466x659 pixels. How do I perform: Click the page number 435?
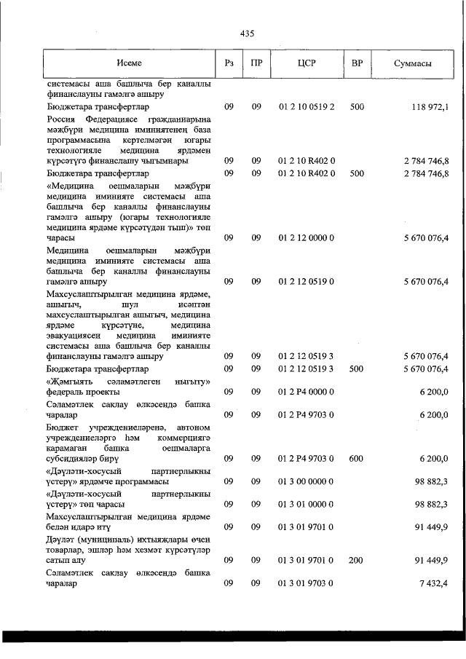pyautogui.click(x=246, y=33)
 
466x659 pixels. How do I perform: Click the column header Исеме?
pyautogui.click(x=128, y=64)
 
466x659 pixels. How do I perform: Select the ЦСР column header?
pyautogui.click(x=306, y=64)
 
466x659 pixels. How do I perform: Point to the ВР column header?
pyautogui.click(x=357, y=64)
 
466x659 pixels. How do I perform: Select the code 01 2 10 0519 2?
pyautogui.click(x=306, y=107)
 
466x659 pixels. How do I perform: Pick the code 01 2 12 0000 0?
pyautogui.click(x=306, y=237)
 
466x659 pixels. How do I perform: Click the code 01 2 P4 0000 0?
pyautogui.click(x=306, y=391)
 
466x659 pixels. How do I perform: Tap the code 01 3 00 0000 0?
pyautogui.click(x=306, y=481)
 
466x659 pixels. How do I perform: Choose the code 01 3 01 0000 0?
pyautogui.click(x=306, y=504)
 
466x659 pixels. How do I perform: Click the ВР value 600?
pyautogui.click(x=357, y=459)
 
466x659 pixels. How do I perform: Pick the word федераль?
pyautogui.click(x=65, y=391)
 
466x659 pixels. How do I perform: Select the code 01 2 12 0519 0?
pyautogui.click(x=306, y=281)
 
